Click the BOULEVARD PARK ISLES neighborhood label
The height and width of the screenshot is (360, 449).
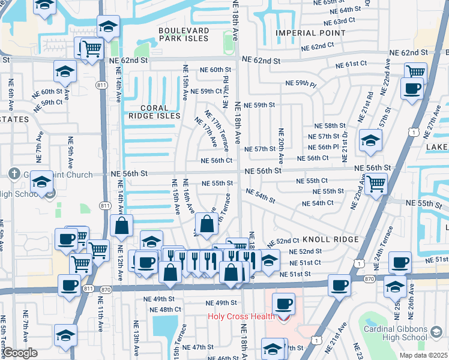(184, 34)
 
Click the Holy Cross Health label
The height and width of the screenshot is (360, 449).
(241, 316)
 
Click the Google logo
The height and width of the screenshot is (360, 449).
(19, 352)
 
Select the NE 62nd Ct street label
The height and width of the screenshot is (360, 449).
(317, 46)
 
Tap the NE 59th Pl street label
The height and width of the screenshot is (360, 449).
(301, 83)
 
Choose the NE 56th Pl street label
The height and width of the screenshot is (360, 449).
(324, 147)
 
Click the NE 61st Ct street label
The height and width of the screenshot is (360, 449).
(352, 64)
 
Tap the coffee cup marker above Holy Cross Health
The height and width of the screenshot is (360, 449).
(283, 304)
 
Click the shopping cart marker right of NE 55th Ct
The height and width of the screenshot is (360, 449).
(376, 184)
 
